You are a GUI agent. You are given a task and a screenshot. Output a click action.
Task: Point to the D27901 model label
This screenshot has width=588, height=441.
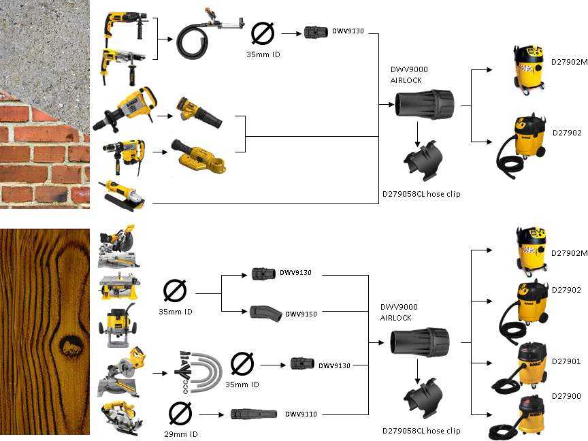(566, 361)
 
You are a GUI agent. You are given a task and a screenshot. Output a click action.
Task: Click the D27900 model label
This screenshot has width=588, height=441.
(566, 395)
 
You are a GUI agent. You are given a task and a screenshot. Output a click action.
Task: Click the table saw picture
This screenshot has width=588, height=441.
(120, 287)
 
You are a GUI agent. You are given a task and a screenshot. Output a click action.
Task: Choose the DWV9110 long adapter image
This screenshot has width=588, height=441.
(252, 414)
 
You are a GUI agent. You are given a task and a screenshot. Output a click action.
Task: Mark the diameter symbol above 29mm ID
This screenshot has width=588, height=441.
(180, 412)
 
